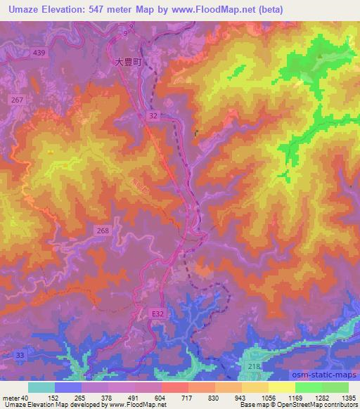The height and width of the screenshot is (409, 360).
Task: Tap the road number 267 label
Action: (18, 100)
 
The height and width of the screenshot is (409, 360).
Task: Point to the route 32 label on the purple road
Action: (153, 114)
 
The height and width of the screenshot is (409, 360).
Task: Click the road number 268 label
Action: (102, 230)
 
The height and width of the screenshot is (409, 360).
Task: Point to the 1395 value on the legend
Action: (349, 397)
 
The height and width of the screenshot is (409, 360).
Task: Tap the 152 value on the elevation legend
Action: (54, 397)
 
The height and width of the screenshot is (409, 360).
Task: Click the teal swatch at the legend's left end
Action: (41, 387)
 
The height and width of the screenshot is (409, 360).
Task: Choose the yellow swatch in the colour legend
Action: (282, 387)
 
